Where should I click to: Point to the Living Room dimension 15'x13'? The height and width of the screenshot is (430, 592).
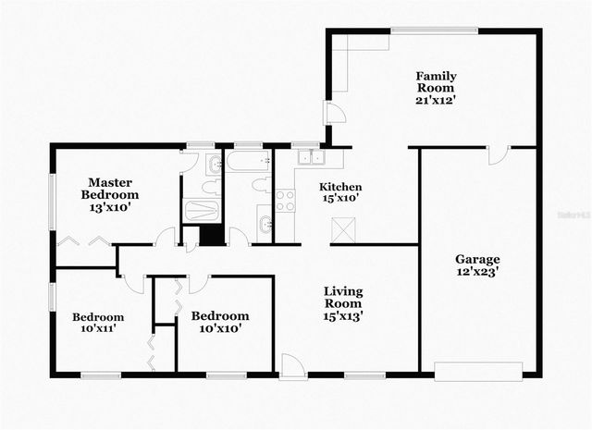(x=342, y=315)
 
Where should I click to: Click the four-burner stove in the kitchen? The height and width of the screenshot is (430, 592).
(x=285, y=200)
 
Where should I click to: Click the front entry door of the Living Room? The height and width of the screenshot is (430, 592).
(x=293, y=367)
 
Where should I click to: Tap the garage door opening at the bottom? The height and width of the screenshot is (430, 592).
(x=478, y=372)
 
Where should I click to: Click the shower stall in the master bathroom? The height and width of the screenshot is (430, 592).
(x=201, y=210)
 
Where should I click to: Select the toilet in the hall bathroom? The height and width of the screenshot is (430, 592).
(x=262, y=185)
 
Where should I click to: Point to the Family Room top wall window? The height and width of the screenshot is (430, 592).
(x=434, y=31)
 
